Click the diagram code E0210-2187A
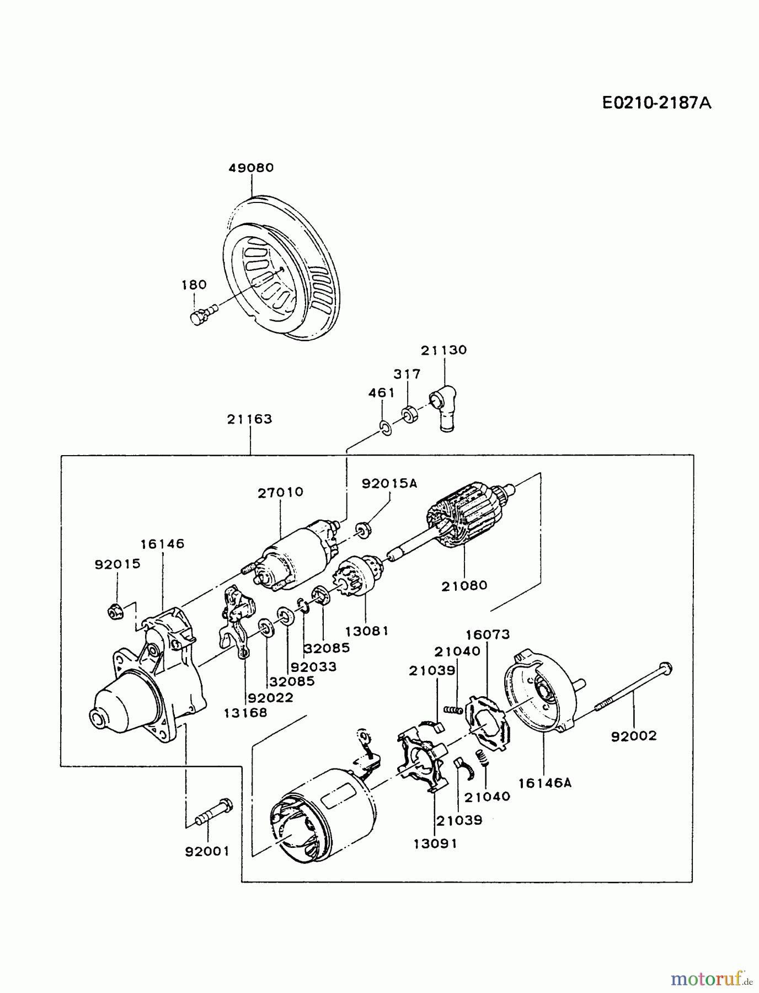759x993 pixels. click(x=656, y=103)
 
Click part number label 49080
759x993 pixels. click(x=251, y=168)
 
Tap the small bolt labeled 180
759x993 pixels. click(x=199, y=318)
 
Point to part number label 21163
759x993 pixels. click(x=250, y=419)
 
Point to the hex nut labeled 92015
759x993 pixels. click(x=115, y=611)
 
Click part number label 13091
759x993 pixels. click(x=435, y=843)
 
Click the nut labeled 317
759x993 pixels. click(x=409, y=414)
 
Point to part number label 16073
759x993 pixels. click(x=488, y=635)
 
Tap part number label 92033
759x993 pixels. click(x=313, y=666)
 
